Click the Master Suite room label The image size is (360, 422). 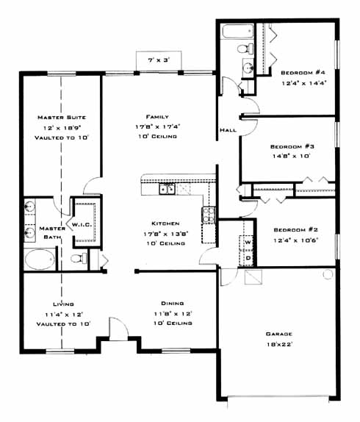[62, 118]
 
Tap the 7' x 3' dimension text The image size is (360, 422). [159, 60]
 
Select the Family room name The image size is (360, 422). [157, 117]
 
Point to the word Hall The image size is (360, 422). [228, 130]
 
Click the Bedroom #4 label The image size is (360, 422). [303, 73]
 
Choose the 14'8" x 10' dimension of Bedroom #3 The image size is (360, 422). [292, 156]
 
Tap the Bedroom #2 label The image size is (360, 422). [296, 230]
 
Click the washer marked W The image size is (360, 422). [248, 242]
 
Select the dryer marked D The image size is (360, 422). [248, 258]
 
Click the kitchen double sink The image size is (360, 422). [167, 189]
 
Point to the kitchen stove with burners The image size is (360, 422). [209, 215]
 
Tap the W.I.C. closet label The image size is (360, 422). [82, 225]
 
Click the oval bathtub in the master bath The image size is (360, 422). [40, 260]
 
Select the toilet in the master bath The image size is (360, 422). [79, 258]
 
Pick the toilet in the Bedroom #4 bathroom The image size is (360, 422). [245, 49]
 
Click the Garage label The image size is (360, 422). [278, 334]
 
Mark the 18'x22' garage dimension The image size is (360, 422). [280, 344]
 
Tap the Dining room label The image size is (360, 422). [173, 304]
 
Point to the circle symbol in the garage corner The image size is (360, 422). [328, 274]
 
